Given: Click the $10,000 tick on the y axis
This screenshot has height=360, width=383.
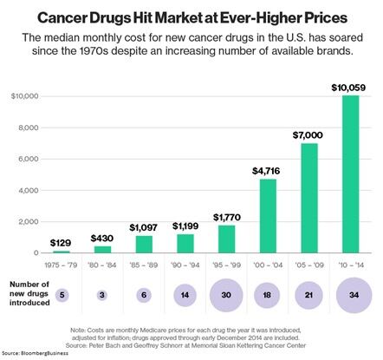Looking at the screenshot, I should click(x=22, y=96).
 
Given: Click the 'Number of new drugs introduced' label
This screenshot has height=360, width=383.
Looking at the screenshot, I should click(x=35, y=296).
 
